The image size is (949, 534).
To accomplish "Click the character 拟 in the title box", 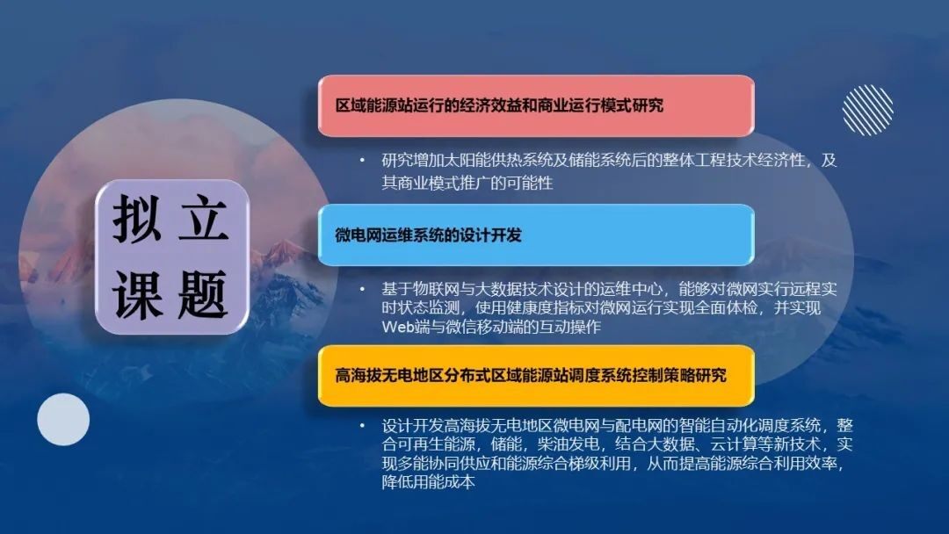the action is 137,219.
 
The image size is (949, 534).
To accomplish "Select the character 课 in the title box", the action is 137,294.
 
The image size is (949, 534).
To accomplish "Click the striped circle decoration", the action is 868,110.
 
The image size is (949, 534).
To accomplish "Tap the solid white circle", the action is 63,420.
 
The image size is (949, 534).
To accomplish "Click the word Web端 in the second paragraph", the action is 405,328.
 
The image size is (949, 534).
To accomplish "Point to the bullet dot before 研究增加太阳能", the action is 363,160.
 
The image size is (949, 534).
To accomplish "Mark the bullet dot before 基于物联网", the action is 363,289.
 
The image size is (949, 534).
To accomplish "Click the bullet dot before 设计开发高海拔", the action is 363,426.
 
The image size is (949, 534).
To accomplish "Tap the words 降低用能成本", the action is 429,482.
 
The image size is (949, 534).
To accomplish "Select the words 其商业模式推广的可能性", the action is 467,183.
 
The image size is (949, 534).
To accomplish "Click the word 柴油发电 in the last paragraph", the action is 569,444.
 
